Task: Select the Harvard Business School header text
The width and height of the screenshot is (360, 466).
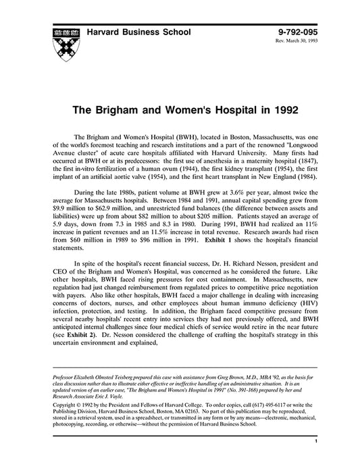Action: coord(139,32)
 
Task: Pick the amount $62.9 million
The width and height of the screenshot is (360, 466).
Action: coord(98,212)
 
